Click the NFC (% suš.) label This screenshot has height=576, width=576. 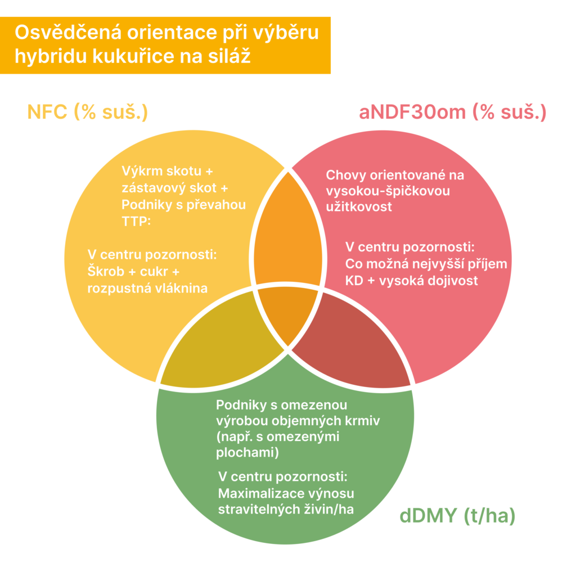point(87,112)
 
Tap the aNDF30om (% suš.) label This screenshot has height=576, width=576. point(453,112)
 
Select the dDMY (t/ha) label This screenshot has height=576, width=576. point(457,516)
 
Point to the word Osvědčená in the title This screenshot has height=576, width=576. point(68,32)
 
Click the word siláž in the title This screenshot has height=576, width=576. point(229,56)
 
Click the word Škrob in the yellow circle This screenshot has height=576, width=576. point(106,272)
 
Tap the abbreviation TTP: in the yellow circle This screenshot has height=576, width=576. point(136,222)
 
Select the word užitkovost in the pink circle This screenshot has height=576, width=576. point(359,207)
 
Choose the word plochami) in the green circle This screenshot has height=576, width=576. point(247,453)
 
